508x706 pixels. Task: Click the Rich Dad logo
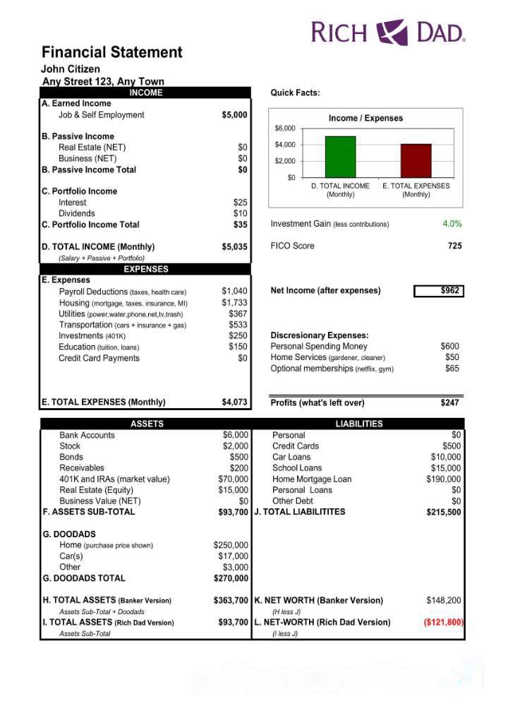388,32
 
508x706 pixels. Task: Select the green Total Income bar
340,157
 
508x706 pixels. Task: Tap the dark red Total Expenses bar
416,160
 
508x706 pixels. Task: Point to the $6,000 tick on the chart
285,128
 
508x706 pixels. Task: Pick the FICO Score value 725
454,246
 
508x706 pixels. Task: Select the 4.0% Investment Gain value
452,224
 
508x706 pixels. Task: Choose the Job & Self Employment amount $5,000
234,114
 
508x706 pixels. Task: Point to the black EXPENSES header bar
146,269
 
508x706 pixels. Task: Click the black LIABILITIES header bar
359,424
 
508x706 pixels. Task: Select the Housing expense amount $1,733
234,302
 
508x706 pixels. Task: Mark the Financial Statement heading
112,52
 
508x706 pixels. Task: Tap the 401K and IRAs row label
114,479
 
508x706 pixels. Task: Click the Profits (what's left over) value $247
449,402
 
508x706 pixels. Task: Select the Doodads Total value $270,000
231,578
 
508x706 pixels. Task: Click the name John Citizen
71,69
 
